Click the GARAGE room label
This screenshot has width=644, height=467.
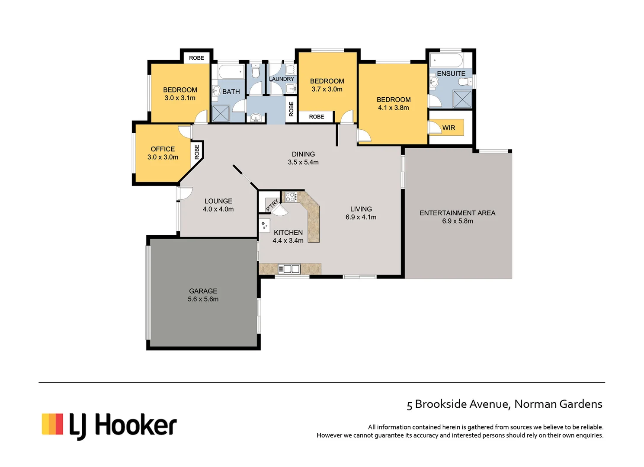[x=203, y=291]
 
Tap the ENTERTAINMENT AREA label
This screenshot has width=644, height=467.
[x=457, y=213]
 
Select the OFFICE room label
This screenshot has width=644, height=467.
[x=163, y=149]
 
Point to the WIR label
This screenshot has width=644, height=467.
[x=449, y=128]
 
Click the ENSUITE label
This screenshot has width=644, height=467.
[x=451, y=74]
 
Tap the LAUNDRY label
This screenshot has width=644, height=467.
[x=281, y=79]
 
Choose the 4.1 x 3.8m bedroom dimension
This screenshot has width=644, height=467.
[x=393, y=108]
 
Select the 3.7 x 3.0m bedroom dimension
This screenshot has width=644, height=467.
[x=327, y=89]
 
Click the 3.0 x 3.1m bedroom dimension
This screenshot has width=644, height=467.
[x=180, y=98]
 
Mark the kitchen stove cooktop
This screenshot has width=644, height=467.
[x=290, y=197]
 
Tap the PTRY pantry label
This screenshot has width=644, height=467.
[x=272, y=205]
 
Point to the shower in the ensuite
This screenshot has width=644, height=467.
[x=462, y=99]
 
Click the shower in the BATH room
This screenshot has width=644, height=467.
[x=221, y=114]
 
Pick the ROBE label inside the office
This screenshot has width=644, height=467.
[x=197, y=152]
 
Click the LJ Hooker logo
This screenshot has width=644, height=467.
[x=109, y=425]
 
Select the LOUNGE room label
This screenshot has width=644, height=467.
[x=218, y=201]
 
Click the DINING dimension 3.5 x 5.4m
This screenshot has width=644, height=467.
[x=303, y=162]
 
